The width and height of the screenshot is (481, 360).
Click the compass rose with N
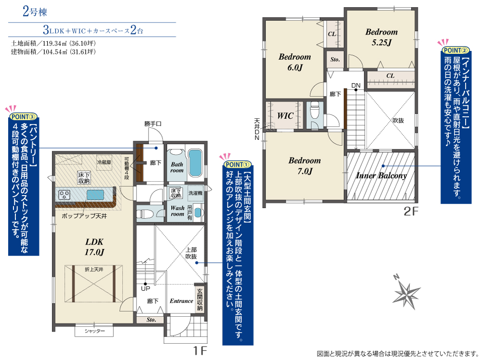tap(406, 292)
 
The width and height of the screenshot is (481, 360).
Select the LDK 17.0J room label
tap(94, 247)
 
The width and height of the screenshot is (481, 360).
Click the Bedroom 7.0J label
tap(304, 166)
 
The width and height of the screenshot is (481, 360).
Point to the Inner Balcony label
tap(381, 175)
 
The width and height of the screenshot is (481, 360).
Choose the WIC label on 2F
tap(285, 116)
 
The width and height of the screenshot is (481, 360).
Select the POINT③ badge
tap(23, 116)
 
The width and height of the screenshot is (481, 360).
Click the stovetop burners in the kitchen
tap(64, 195)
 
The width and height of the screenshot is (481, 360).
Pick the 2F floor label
tap(411, 211)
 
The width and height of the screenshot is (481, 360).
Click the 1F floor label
tap(200, 350)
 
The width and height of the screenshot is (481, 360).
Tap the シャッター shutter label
tap(94, 331)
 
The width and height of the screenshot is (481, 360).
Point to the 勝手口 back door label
tap(153, 124)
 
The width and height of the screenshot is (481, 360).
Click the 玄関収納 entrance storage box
tap(200, 299)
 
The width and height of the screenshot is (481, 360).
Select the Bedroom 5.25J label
tap(381, 37)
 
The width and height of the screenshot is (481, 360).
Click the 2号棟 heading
tap(35, 12)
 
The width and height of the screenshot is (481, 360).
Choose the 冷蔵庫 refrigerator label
tap(104, 162)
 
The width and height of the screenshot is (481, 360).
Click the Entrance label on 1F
tap(181, 301)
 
